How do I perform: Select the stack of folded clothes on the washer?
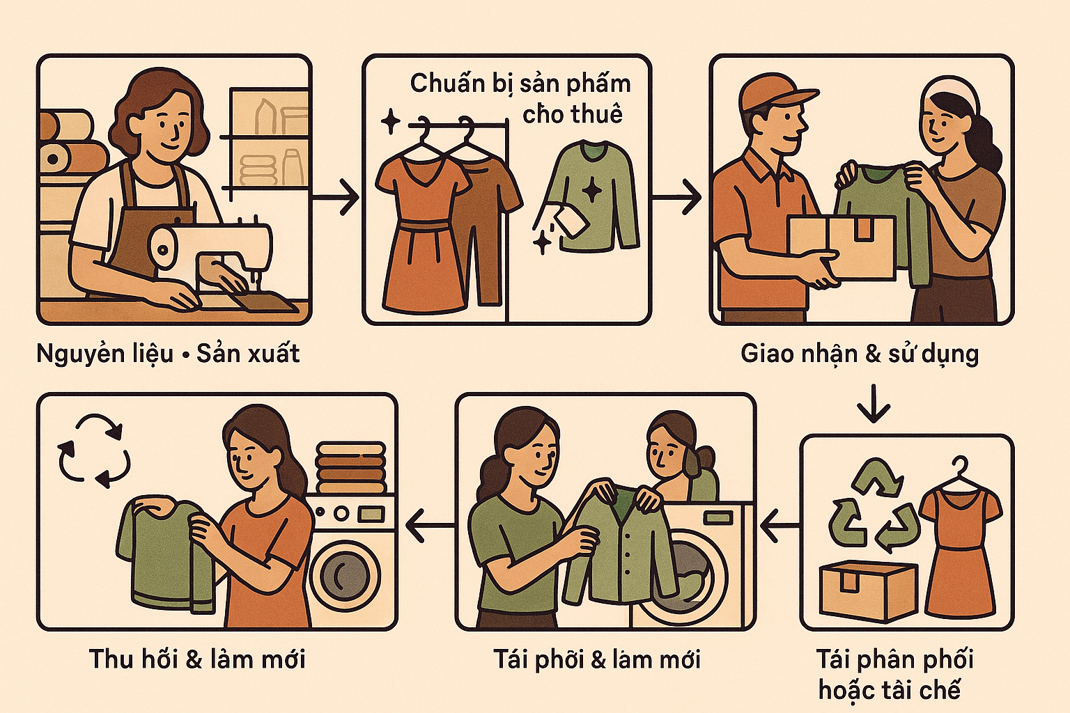(x=350, y=467)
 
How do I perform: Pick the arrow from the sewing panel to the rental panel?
(x=335, y=196)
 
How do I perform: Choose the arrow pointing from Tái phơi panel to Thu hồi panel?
(x=430, y=526)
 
